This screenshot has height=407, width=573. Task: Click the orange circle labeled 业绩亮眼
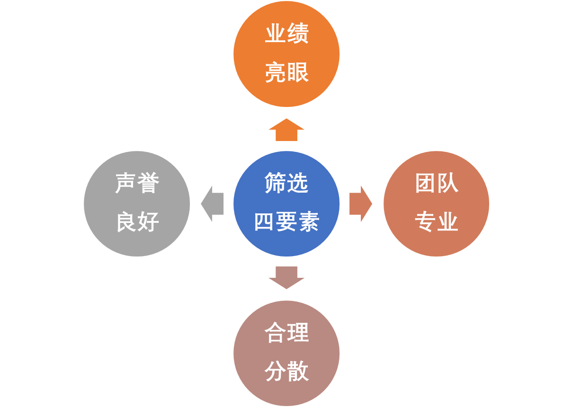tap(286, 53)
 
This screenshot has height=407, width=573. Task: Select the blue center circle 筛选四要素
tap(286, 203)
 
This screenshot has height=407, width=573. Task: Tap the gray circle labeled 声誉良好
tap(137, 203)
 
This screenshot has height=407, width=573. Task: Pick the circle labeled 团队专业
tap(436, 203)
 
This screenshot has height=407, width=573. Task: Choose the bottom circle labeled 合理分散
tap(286, 353)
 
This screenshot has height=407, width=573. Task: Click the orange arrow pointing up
tap(286, 130)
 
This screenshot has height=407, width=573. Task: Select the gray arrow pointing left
tap(212, 204)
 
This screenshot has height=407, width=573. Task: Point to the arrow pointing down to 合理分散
tap(286, 277)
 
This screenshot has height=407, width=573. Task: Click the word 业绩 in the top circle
tap(286, 34)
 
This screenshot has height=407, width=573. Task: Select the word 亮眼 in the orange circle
tap(286, 73)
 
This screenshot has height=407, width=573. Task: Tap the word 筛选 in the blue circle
tap(286, 184)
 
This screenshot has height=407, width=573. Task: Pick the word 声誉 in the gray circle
tap(137, 184)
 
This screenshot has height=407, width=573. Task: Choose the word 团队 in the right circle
tap(436, 184)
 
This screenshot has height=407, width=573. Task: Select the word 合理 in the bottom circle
tap(286, 333)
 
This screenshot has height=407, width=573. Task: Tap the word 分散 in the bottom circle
tap(286, 372)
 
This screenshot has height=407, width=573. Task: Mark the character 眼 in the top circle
tap(297, 73)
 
